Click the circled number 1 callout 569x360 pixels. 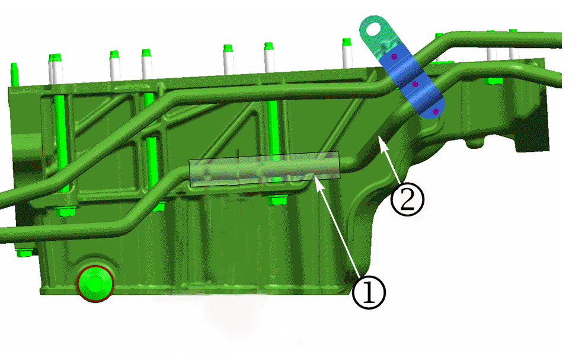pyautogui.click(x=369, y=292)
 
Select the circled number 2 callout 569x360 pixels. pyautogui.click(x=408, y=199)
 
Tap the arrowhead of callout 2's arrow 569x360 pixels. pyautogui.click(x=381, y=141)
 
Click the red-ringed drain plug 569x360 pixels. pyautogui.click(x=95, y=283)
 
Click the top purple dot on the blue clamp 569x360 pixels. pyautogui.click(x=394, y=56)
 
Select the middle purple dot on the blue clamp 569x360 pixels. pyautogui.click(x=415, y=84)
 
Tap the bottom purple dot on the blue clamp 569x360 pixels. pyautogui.click(x=436, y=111)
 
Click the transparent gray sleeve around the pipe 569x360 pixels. pyautogui.click(x=264, y=169)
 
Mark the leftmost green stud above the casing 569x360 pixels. pyautogui.click(x=14, y=75)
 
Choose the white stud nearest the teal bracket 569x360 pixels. pyautogui.click(x=347, y=53)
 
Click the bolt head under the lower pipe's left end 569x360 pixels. pyautogui.click(x=24, y=252)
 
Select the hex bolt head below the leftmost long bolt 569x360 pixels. pyautogui.click(x=66, y=211)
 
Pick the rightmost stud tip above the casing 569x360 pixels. pyautogui.click(x=513, y=32)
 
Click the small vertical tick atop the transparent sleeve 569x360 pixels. pyautogui.click(x=237, y=153)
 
